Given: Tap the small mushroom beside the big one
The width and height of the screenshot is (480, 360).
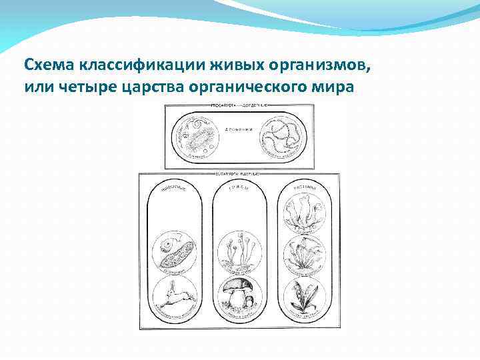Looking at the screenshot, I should pos(249,301).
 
